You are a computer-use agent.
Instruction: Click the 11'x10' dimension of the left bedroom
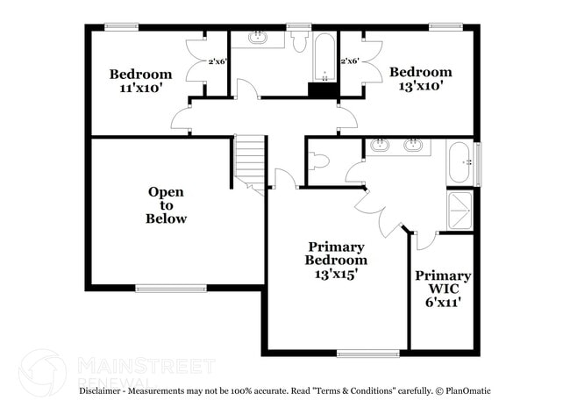140,89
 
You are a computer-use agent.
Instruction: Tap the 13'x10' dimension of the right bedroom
421,86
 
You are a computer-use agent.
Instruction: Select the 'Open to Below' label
166,205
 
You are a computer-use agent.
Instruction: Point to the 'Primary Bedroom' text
336,254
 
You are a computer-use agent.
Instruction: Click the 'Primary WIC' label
443,282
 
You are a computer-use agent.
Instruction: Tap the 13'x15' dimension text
336,273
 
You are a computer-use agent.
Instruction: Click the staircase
250,160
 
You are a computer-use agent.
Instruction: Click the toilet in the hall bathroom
300,42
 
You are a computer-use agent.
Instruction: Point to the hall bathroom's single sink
258,38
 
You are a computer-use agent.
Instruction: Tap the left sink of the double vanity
381,145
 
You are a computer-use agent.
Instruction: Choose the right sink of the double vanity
411,145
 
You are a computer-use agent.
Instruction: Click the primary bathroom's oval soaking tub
460,162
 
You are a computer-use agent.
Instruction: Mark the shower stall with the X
460,211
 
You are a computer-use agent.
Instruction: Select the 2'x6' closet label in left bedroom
217,61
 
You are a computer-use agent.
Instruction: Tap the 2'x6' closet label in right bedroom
350,61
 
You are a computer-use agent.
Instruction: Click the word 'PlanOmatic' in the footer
469,390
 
